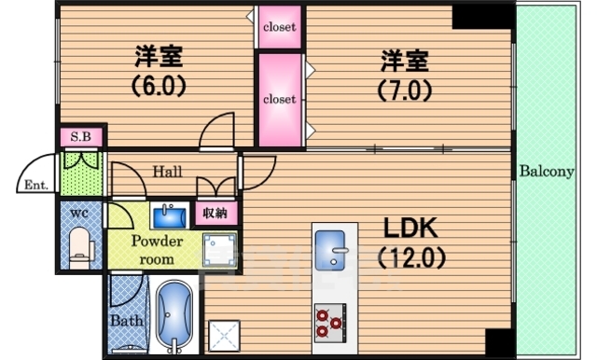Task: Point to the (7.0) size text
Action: tap(404, 91)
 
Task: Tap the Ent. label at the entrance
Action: tap(36, 184)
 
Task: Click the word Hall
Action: tap(169, 172)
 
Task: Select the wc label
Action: tap(78, 213)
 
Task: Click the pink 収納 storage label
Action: tap(215, 214)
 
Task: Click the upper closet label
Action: tap(279, 27)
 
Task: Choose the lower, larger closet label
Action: tap(279, 99)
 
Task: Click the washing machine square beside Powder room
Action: tap(221, 250)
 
